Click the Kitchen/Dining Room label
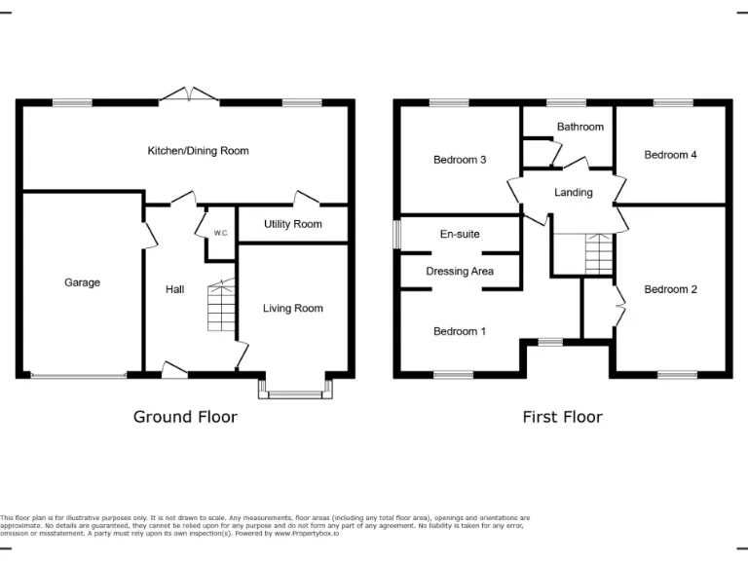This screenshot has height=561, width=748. click(198, 151)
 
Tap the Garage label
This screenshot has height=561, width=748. click(83, 282)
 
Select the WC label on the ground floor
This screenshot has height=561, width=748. click(221, 233)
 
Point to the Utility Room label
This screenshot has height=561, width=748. click(292, 224)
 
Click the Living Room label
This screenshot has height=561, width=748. click(292, 309)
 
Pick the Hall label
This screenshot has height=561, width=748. click(174, 289)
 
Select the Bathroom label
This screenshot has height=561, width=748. click(580, 127)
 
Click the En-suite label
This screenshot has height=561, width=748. click(460, 234)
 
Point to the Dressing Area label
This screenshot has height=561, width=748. click(460, 271)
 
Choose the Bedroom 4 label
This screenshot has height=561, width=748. click(670, 154)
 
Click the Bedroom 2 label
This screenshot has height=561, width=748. click(670, 289)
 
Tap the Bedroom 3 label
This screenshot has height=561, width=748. click(460, 160)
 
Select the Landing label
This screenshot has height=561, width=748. click(574, 192)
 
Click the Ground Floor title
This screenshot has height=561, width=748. click(185, 417)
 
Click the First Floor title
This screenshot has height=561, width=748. click(562, 417)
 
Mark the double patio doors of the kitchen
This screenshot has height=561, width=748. click(189, 95)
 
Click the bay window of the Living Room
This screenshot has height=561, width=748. click(295, 393)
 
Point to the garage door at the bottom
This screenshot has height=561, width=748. click(78, 375)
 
